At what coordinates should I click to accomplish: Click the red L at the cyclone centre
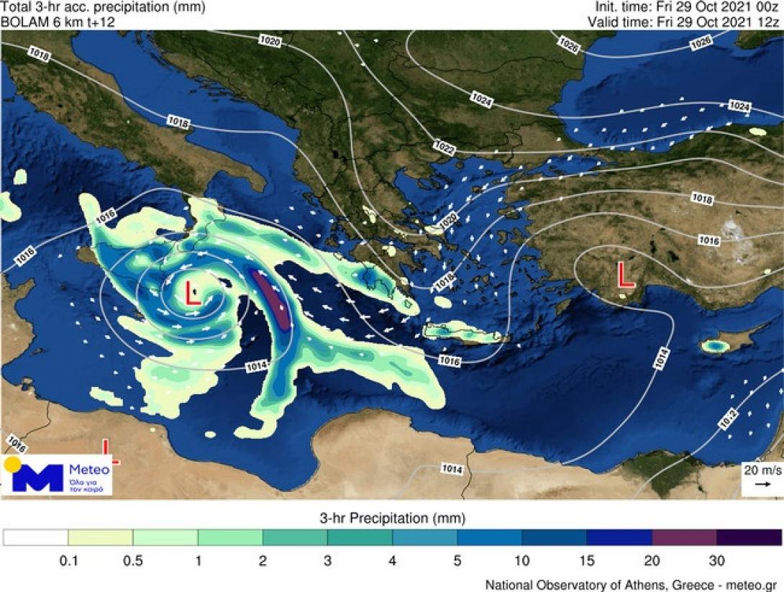tap(193, 294)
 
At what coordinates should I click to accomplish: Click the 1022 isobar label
tap(445, 147)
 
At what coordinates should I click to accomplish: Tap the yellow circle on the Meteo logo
tap(12, 464)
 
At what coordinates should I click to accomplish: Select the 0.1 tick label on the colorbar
tap(69, 560)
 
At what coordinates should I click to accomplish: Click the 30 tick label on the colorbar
tap(716, 560)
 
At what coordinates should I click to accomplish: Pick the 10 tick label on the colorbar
tap(522, 560)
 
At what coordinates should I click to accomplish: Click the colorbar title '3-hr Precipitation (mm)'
tap(392, 518)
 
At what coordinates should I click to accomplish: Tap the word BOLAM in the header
tap(22, 22)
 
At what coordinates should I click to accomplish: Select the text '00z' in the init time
tap(767, 8)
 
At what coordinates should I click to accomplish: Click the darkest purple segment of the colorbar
tap(749, 538)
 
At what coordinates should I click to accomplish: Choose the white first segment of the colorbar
tap(36, 538)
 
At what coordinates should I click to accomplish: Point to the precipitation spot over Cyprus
tap(714, 347)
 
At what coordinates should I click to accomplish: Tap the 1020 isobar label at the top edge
tap(270, 43)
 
